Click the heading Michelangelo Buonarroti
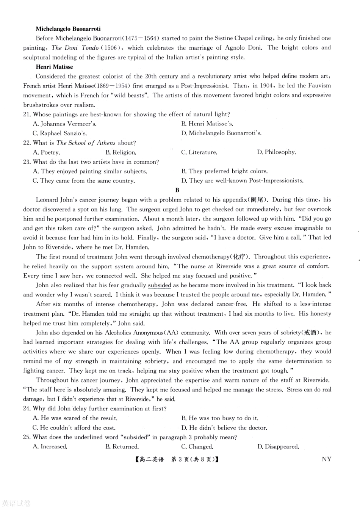coord(68,28)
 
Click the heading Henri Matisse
coord(54,67)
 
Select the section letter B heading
coord(177,190)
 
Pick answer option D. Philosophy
coord(276,152)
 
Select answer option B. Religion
coord(121,152)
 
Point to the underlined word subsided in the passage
coord(160,285)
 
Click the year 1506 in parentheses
coord(113,48)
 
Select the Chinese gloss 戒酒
coord(311,333)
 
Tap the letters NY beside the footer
coord(326,459)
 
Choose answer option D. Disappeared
coord(278,446)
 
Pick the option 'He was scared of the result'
coord(75,418)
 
